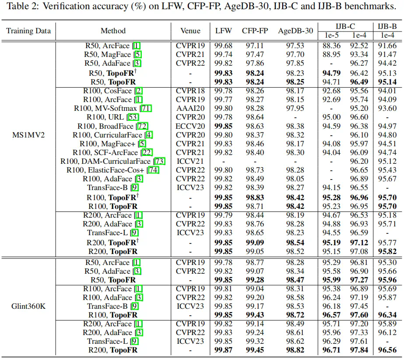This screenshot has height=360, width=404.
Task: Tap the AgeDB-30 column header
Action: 295,31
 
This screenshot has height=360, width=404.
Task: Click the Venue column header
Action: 190,31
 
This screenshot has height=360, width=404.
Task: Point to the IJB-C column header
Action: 344,26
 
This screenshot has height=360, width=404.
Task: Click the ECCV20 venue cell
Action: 190,126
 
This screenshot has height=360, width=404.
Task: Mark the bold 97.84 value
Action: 358,350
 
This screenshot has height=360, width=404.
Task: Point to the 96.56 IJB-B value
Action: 387,350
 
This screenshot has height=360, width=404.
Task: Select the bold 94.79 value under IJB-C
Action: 331,73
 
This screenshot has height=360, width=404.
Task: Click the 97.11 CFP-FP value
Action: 255,46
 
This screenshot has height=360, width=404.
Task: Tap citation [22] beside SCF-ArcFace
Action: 147,152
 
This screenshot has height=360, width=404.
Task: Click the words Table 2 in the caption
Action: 21,7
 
